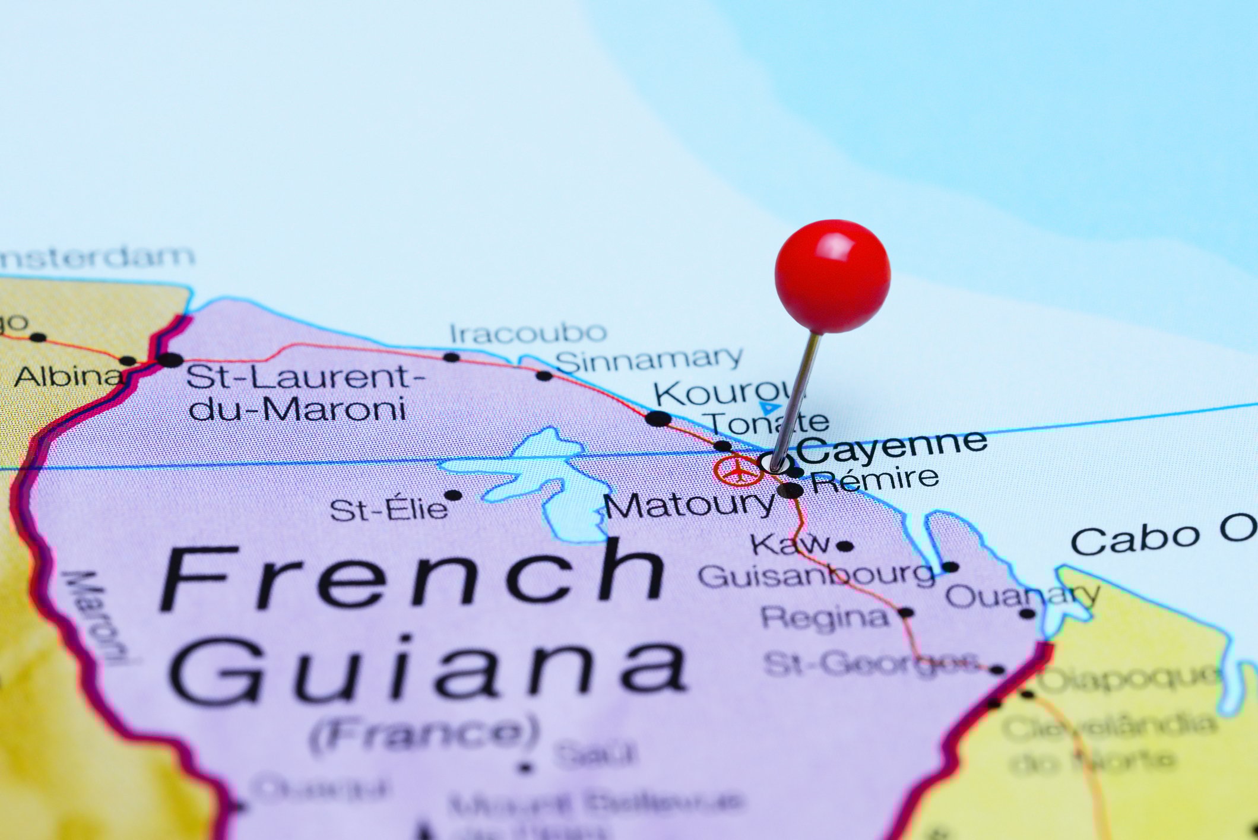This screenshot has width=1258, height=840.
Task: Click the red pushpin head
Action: point(832,275)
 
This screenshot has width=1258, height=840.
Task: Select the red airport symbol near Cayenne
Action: point(738,471)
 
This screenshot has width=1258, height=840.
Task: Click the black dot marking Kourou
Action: point(658,418)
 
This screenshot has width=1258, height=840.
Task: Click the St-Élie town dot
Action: point(453,495)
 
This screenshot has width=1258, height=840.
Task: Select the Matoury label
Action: point(689,505)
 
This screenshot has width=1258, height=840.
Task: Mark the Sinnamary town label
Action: point(649,360)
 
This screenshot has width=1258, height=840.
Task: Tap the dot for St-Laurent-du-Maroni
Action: point(170,359)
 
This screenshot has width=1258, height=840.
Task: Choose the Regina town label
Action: point(825,618)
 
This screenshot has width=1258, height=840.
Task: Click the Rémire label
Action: point(874,479)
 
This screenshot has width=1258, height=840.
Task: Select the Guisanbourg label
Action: point(816,575)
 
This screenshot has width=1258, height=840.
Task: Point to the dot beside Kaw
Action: point(845,546)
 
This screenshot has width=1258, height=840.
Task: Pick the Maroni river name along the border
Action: point(96,617)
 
